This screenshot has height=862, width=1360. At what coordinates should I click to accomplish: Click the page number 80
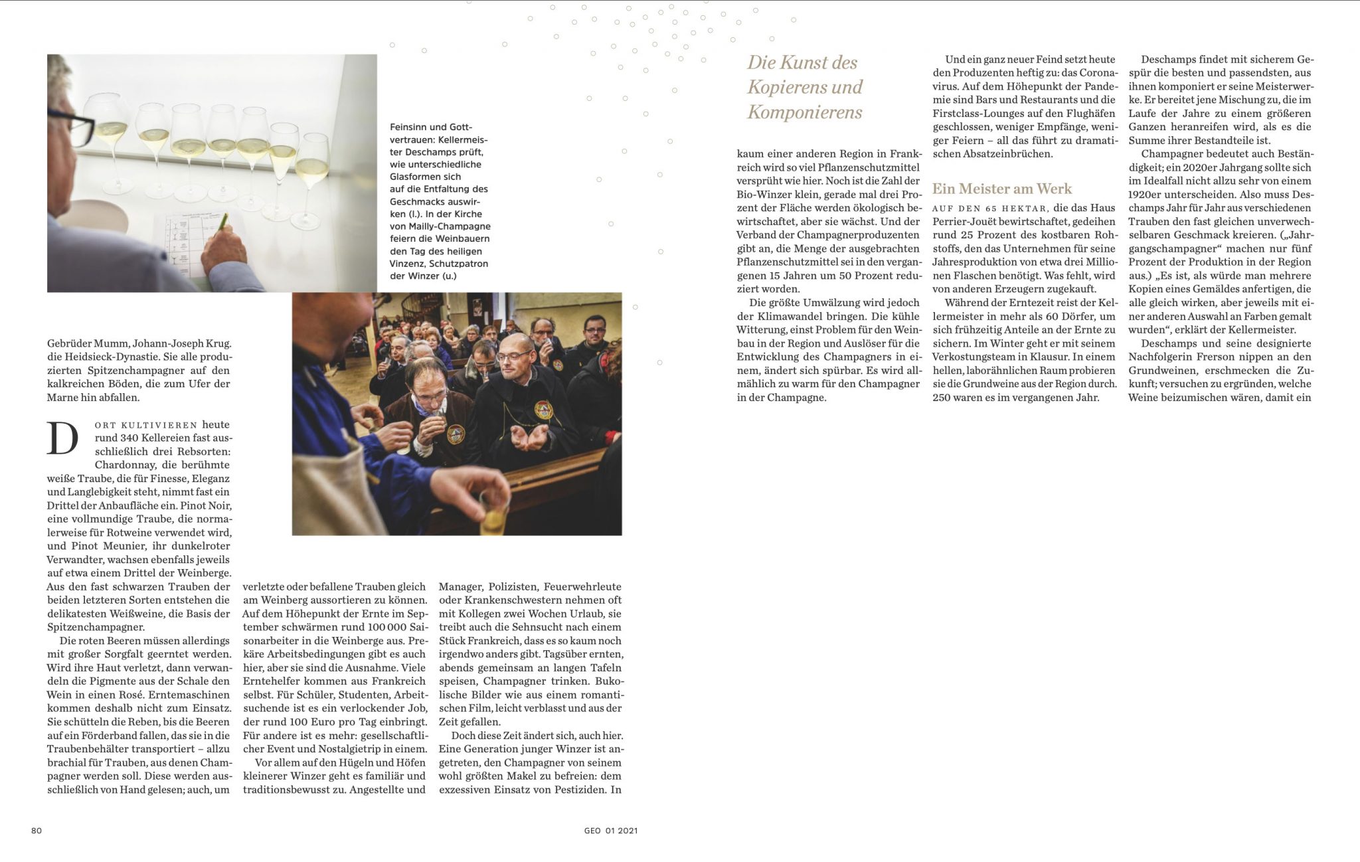pyautogui.click(x=37, y=830)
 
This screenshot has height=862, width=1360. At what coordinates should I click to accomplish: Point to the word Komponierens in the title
pyautogui.click(x=805, y=112)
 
